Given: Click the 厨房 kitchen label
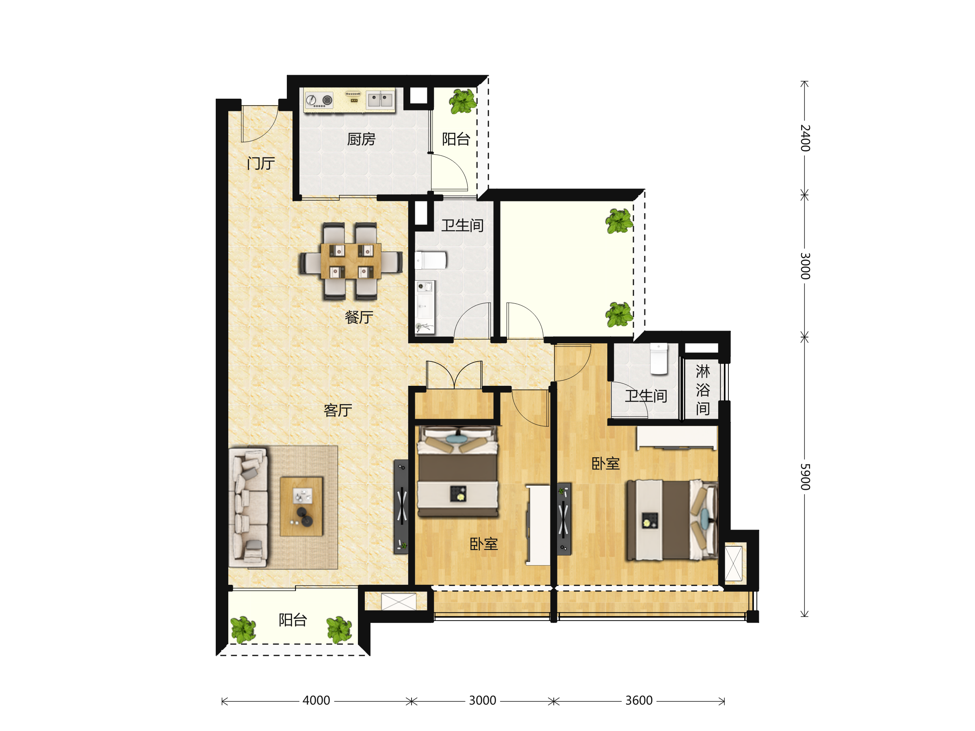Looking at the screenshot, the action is (361, 139).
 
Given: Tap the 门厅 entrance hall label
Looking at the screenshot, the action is (261, 164).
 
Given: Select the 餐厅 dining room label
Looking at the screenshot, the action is (359, 317).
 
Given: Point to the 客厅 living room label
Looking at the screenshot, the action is (338, 410).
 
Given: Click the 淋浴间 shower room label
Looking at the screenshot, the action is (703, 390).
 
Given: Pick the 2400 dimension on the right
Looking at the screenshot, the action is (805, 138).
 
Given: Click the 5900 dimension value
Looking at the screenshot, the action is (805, 477).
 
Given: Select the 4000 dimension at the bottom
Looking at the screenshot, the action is (316, 700).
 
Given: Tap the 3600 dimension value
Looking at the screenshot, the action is (639, 700).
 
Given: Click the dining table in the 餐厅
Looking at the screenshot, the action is (351, 261).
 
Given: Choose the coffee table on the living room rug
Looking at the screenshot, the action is (301, 507).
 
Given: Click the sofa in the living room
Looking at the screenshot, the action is (248, 508).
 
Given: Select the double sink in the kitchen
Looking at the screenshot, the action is (380, 99).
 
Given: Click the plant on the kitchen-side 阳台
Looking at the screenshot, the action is (463, 102).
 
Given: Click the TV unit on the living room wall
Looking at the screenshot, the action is (401, 507).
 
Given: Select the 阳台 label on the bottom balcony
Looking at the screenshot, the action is (292, 620).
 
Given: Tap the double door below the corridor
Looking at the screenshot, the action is (454, 374).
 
